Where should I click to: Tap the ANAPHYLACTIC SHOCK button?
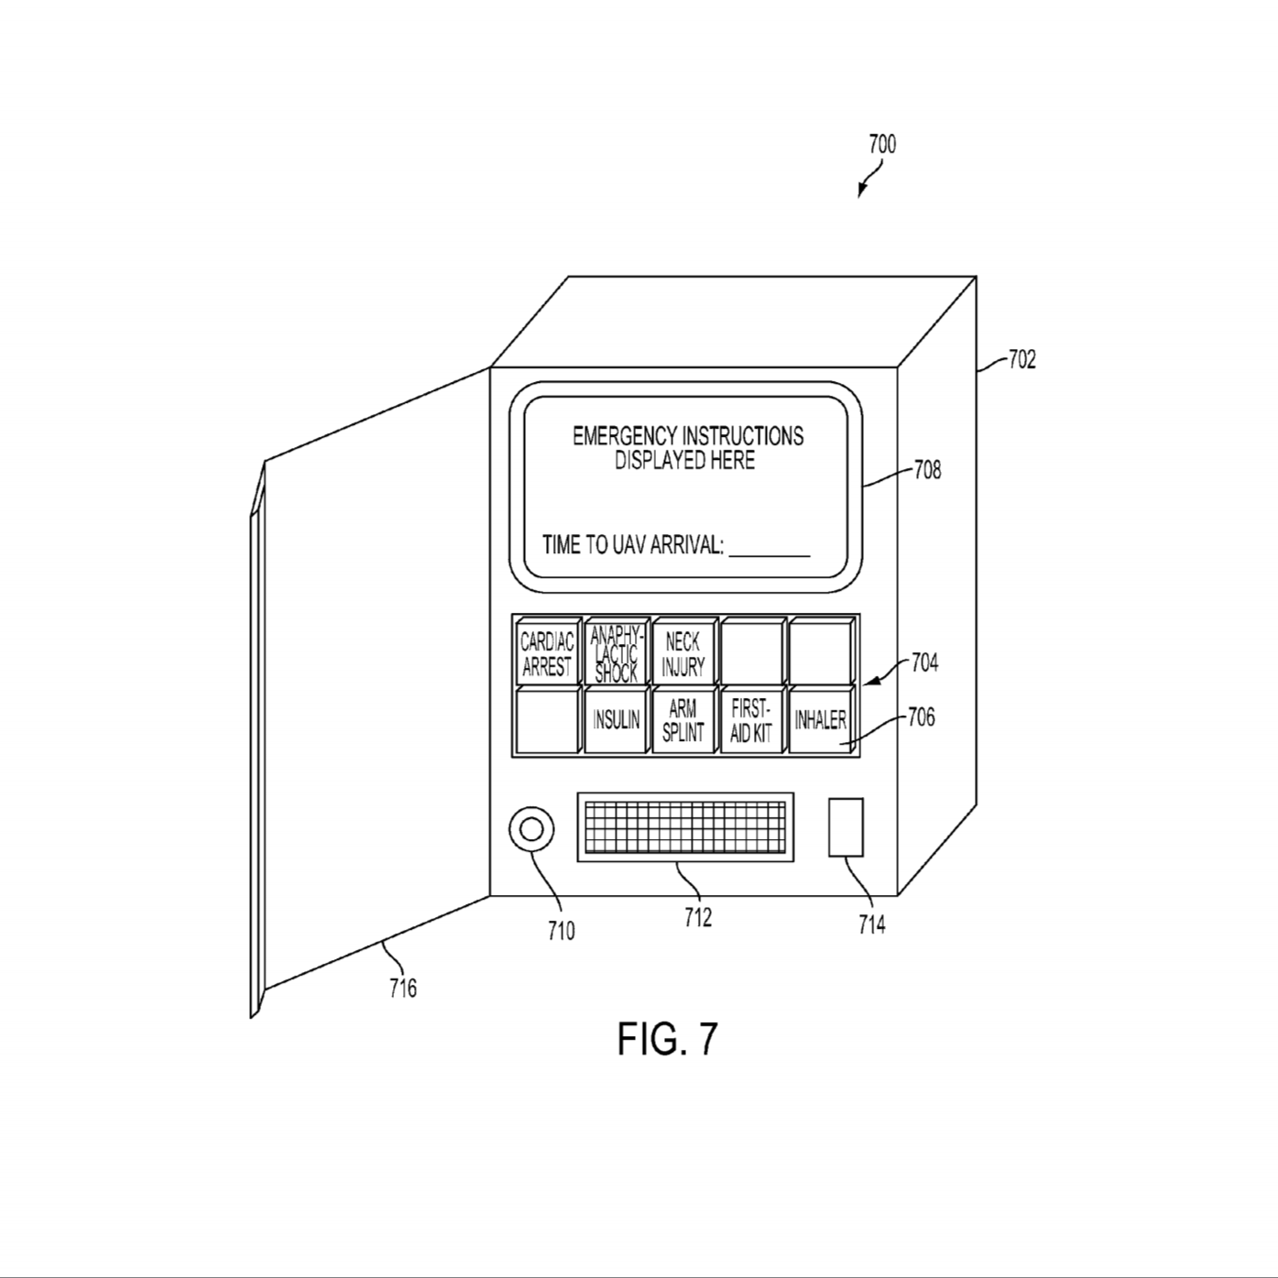coord(616,651)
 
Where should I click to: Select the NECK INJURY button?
coord(683,651)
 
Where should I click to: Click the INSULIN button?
coord(616,719)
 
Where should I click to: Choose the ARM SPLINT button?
coord(683,719)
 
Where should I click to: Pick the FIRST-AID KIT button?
coord(752,719)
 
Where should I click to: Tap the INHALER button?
coord(821,719)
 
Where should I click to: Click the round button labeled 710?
coord(530,830)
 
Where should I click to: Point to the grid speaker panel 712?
coord(685,826)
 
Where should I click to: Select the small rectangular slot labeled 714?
coord(846,827)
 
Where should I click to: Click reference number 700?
coord(882,144)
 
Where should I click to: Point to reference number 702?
coord(1022,360)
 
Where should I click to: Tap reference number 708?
coord(927,470)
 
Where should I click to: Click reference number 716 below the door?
coord(402,989)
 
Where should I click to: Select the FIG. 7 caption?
coord(667,1039)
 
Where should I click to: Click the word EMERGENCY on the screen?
coord(626,436)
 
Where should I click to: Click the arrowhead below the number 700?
coord(861,191)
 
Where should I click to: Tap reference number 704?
coord(924,662)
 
